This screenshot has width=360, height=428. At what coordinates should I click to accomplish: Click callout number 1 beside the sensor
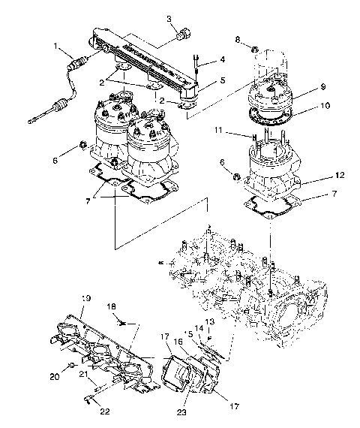point(55,47)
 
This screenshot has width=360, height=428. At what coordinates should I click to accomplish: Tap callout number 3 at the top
point(169,18)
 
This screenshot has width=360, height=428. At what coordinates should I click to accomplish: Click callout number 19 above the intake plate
point(86,299)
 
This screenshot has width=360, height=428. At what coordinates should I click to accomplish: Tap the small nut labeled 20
point(70,365)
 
